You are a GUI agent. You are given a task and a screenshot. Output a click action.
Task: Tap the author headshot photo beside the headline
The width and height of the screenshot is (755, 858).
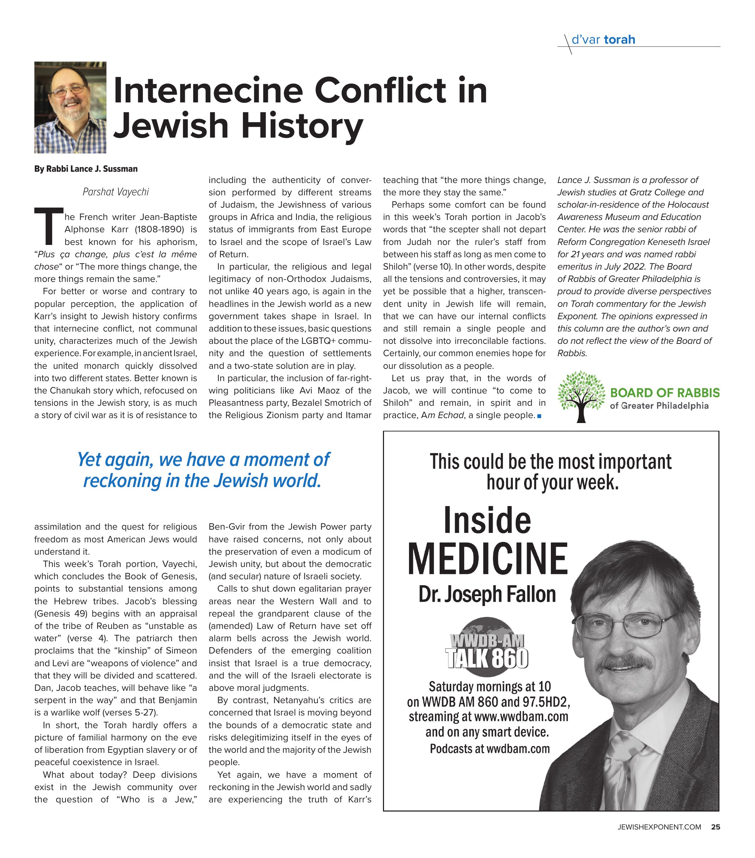(70, 107)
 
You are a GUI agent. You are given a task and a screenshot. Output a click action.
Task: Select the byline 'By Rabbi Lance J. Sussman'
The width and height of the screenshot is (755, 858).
(86, 169)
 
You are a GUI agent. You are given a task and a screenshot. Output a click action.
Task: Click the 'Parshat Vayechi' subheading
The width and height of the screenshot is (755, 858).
(115, 192)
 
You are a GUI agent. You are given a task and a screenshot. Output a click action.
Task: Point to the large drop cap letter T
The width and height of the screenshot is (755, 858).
(48, 227)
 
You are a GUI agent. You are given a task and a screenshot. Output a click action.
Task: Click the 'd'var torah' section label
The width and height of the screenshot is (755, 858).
(603, 40)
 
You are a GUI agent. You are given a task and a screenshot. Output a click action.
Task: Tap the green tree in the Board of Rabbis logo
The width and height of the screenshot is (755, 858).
(581, 395)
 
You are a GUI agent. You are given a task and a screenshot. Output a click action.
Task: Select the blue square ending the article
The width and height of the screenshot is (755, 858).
(539, 416)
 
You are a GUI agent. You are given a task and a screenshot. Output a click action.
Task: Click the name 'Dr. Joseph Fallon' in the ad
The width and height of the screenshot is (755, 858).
(487, 594)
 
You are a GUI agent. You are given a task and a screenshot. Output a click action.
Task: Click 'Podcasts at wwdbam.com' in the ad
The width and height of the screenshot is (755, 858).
(490, 749)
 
